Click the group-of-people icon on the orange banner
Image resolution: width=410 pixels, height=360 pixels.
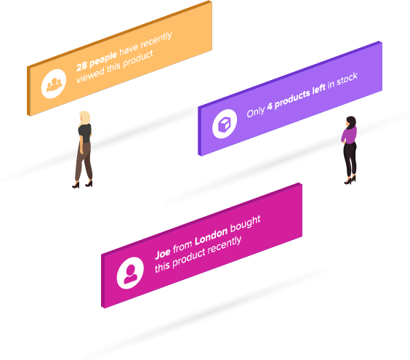click(x=54, y=84)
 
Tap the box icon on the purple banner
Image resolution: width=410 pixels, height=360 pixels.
click(x=225, y=124)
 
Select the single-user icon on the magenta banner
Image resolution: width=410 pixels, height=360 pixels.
click(x=130, y=273)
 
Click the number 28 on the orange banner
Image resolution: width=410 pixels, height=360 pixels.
click(x=82, y=66)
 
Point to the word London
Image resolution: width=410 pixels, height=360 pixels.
click(x=212, y=237)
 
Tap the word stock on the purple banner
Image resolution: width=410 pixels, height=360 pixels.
click(x=347, y=79)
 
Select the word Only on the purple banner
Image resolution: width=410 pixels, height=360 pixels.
click(x=255, y=112)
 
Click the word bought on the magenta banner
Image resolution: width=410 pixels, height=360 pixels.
click(x=245, y=224)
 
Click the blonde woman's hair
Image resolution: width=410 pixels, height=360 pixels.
click(x=85, y=119)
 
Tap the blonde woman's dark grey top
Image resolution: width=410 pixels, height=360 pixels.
click(x=85, y=133)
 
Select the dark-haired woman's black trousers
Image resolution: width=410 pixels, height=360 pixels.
click(x=350, y=159)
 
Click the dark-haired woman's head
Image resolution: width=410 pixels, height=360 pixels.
click(x=351, y=122)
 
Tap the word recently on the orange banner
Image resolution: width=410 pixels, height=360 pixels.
click(x=156, y=40)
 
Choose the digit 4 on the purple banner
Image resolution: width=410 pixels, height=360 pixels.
click(x=270, y=106)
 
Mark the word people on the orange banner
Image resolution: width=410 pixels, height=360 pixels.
click(x=103, y=60)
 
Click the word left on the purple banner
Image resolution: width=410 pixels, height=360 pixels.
click(x=318, y=89)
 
